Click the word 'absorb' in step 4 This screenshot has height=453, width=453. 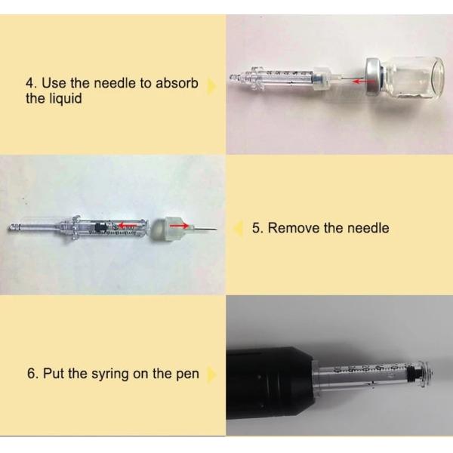coord(177,84)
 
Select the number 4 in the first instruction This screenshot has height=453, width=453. coord(29,83)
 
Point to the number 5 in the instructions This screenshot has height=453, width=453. coord(257,228)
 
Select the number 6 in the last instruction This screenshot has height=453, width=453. coord(31,373)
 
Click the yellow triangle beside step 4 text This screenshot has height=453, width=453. coord(211,85)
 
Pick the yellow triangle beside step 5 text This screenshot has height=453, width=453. coord(239,229)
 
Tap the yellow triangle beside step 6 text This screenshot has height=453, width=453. coord(211,374)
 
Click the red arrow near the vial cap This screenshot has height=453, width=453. coord(359,82)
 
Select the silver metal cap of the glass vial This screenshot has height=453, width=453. coord(374,77)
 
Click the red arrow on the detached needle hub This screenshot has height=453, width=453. coord(179,225)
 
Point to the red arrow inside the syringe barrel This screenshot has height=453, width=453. coord(125,225)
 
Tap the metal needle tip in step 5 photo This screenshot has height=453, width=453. coord(215,230)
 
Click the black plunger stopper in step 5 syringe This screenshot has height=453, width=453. coord(100,227)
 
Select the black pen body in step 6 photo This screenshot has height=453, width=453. coord(271,383)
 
